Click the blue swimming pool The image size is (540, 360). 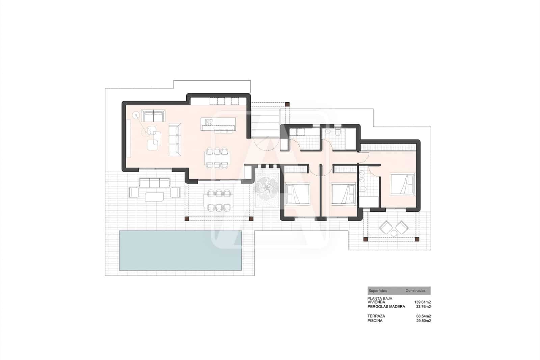click(x=181, y=250)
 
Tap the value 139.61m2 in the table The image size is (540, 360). click(x=422, y=302)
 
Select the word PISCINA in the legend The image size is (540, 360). click(x=375, y=321)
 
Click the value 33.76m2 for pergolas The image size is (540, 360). click(x=424, y=307)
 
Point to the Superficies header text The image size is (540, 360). click(x=378, y=290)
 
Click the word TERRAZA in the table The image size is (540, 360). click(x=376, y=316)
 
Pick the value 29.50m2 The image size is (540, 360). click(x=424, y=321)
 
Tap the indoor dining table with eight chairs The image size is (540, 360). click(x=217, y=158)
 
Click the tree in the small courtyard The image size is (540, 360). click(x=267, y=187)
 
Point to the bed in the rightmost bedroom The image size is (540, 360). click(x=402, y=184)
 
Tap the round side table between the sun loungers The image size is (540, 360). click(x=394, y=233)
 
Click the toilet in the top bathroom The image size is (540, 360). click(x=337, y=133)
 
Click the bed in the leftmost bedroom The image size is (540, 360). click(x=297, y=194)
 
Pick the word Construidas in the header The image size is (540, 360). click(x=415, y=290)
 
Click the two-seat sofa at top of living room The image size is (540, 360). click(x=154, y=116)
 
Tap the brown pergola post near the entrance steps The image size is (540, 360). click(x=287, y=105)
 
